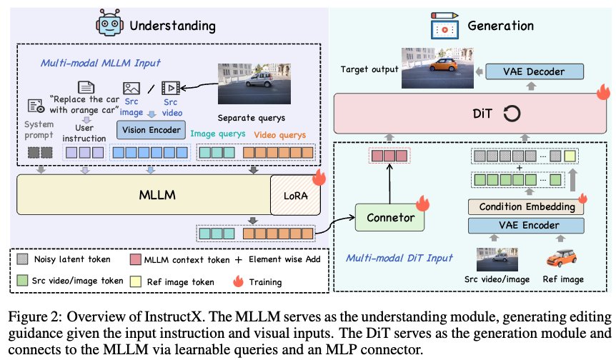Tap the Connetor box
point(389,217)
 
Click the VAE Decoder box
point(535,72)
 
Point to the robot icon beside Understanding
point(109,24)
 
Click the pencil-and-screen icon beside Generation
point(444,26)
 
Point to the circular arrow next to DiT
point(510,113)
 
